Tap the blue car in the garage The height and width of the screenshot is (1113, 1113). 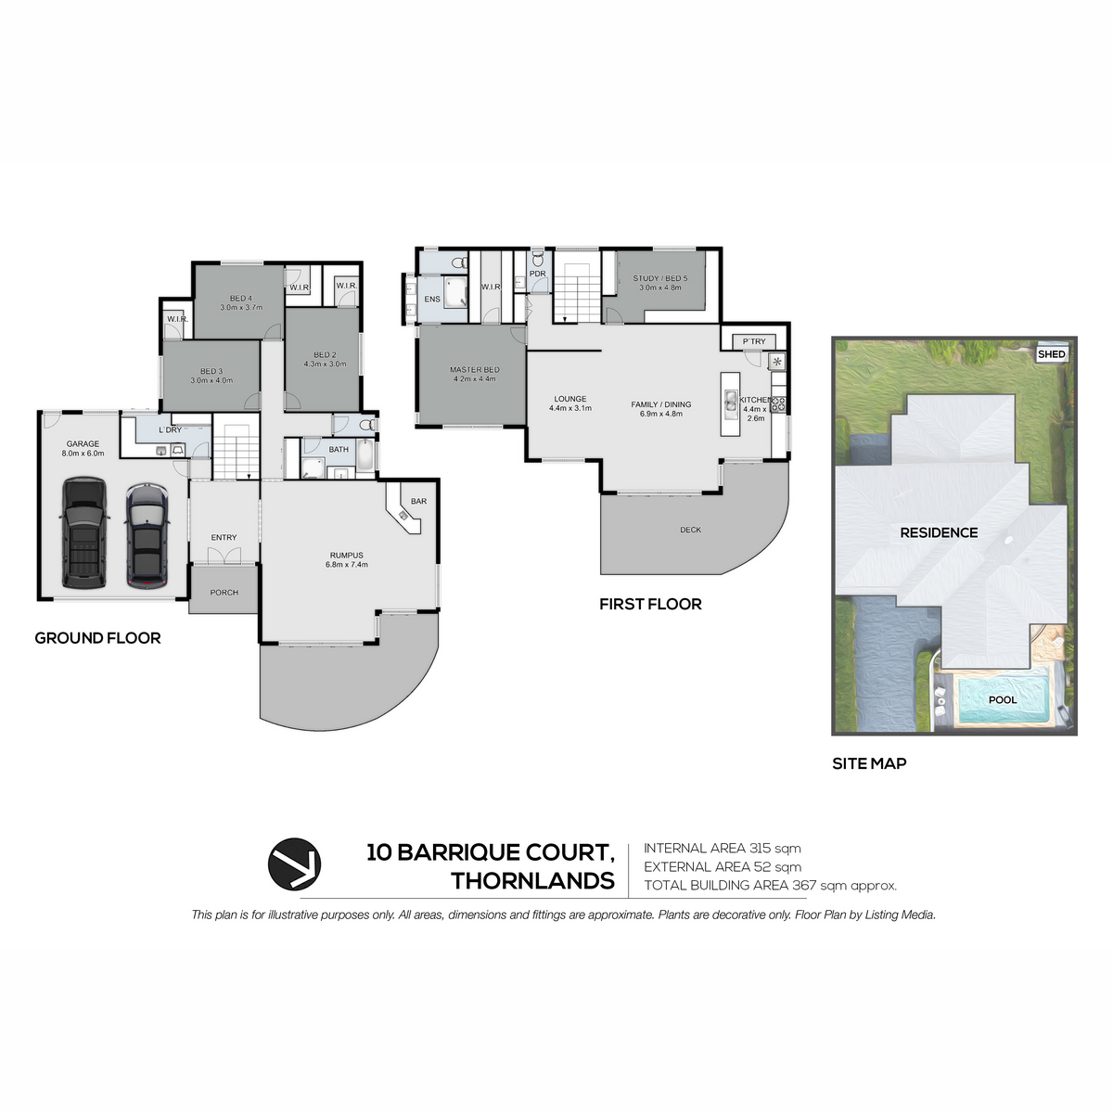click(147, 536)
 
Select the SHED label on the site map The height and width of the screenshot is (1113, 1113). click(1051, 354)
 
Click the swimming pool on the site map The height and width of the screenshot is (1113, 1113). click(1004, 700)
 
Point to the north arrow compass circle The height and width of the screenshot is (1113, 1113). click(295, 864)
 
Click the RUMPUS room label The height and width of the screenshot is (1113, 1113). click(347, 555)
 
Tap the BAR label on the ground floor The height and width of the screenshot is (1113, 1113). click(418, 501)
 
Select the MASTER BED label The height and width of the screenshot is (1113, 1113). click(475, 370)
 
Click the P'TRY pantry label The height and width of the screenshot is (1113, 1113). click(754, 341)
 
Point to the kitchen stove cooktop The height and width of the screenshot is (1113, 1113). click(777, 403)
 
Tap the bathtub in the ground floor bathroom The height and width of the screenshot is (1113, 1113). click(366, 455)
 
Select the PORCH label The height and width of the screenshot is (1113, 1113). click(224, 592)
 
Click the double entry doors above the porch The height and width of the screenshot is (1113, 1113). click(224, 556)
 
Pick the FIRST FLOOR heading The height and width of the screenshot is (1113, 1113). click(650, 604)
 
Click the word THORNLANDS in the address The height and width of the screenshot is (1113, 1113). click(532, 881)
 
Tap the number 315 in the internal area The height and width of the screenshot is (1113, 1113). click(761, 849)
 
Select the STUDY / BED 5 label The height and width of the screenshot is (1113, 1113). click(660, 278)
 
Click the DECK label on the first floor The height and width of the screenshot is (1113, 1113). click(690, 530)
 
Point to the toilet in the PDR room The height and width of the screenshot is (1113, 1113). click(538, 260)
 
